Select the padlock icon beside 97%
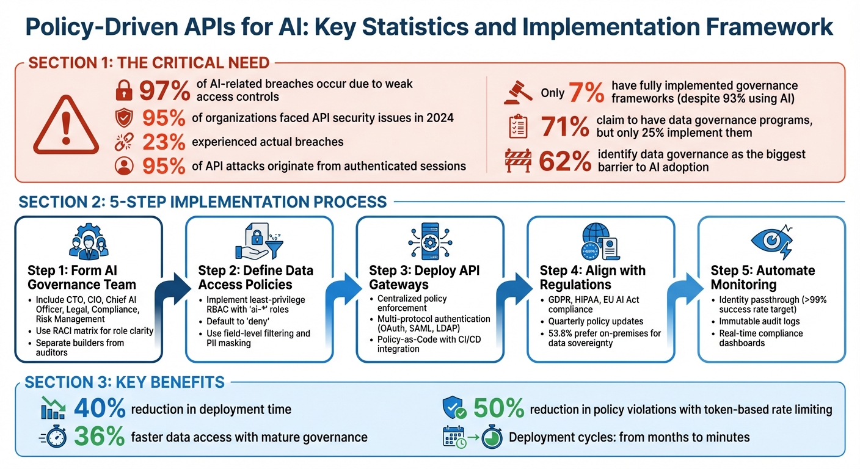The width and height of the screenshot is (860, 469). (x=124, y=90)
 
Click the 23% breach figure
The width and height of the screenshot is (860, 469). (x=164, y=142)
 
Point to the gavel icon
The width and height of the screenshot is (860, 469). (x=517, y=92)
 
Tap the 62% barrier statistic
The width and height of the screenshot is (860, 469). (x=564, y=161)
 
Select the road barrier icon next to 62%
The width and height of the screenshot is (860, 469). (x=519, y=161)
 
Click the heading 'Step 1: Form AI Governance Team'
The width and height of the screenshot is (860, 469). (x=82, y=277)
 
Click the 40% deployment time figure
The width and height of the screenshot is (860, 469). (x=100, y=409)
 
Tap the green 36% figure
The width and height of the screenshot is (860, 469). (x=100, y=436)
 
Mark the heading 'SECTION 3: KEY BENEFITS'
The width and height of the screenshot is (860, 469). (x=125, y=382)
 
